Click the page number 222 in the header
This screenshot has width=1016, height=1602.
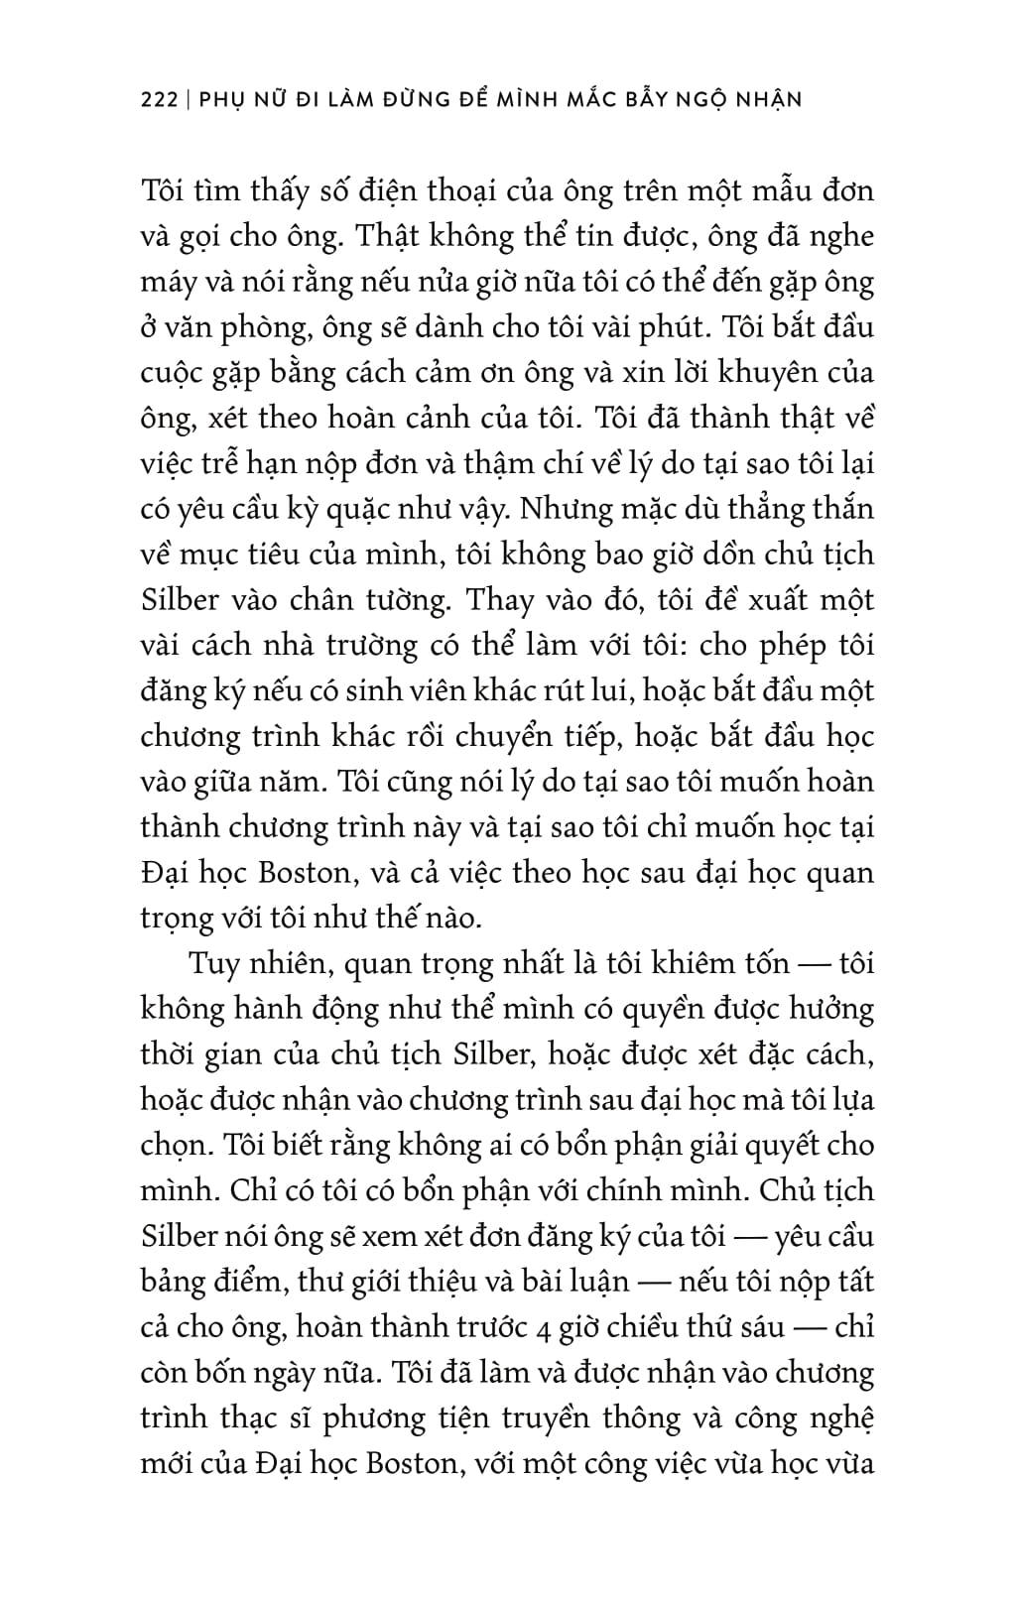click(159, 100)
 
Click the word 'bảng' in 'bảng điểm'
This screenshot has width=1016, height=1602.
click(178, 1282)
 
